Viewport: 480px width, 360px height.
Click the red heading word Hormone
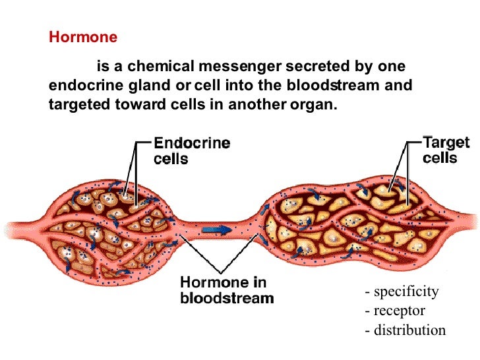pos(83,38)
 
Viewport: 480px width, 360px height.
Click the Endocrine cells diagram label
pos(191,150)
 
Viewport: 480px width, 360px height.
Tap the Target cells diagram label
pos(446,150)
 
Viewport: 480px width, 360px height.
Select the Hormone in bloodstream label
pos(226,290)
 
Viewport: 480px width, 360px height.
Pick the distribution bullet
pos(405,330)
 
